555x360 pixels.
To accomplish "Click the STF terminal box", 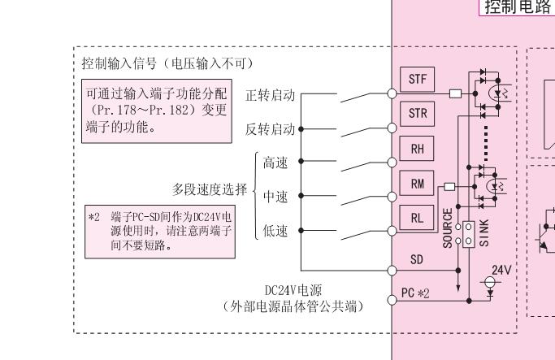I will click(x=418, y=80).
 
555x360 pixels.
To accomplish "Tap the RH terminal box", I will click(x=418, y=149).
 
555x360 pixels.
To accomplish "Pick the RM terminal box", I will click(x=418, y=183).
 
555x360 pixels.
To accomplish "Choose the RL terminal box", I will click(x=418, y=217).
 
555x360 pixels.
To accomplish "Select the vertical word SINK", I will click(x=485, y=227).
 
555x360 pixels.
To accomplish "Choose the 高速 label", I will click(x=275, y=163).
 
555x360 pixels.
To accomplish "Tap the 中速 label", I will click(x=275, y=197).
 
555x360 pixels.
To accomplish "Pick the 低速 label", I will click(x=275, y=231).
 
